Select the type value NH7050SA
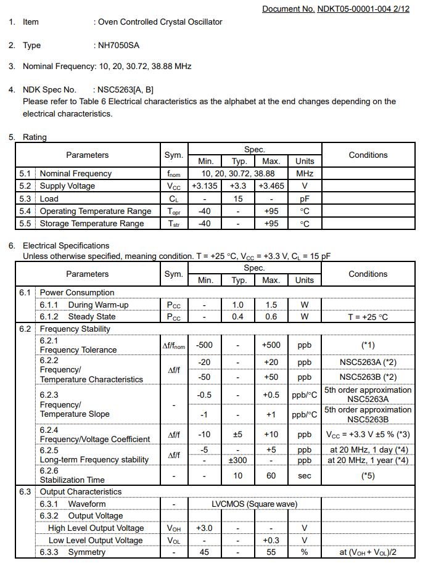(x=117, y=45)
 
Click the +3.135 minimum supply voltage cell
(x=205, y=186)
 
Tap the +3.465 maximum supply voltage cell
(x=271, y=186)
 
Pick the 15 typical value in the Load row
(x=238, y=199)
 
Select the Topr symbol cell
(x=174, y=211)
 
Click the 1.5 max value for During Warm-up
(x=271, y=305)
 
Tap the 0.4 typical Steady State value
(x=238, y=316)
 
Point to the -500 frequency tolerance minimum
(x=205, y=345)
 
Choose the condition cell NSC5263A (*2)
(x=368, y=363)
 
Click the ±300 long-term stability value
(x=238, y=460)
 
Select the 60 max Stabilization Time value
(x=271, y=475)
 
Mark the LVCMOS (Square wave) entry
(x=254, y=504)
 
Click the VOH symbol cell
(x=174, y=528)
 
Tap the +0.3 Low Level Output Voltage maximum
(x=271, y=540)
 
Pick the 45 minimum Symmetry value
(x=205, y=552)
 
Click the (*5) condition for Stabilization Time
(x=368, y=475)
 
